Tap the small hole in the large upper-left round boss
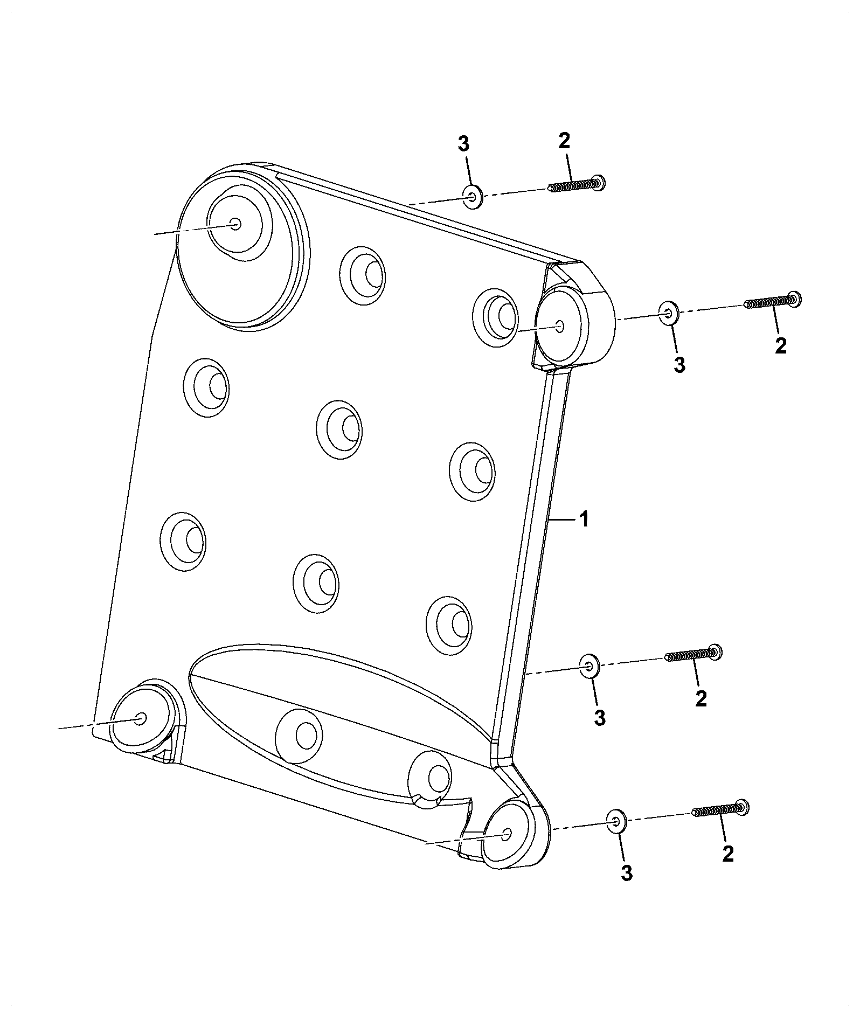[235, 224]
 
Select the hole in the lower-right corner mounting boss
[507, 834]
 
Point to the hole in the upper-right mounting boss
[559, 326]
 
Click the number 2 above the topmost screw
[564, 141]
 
